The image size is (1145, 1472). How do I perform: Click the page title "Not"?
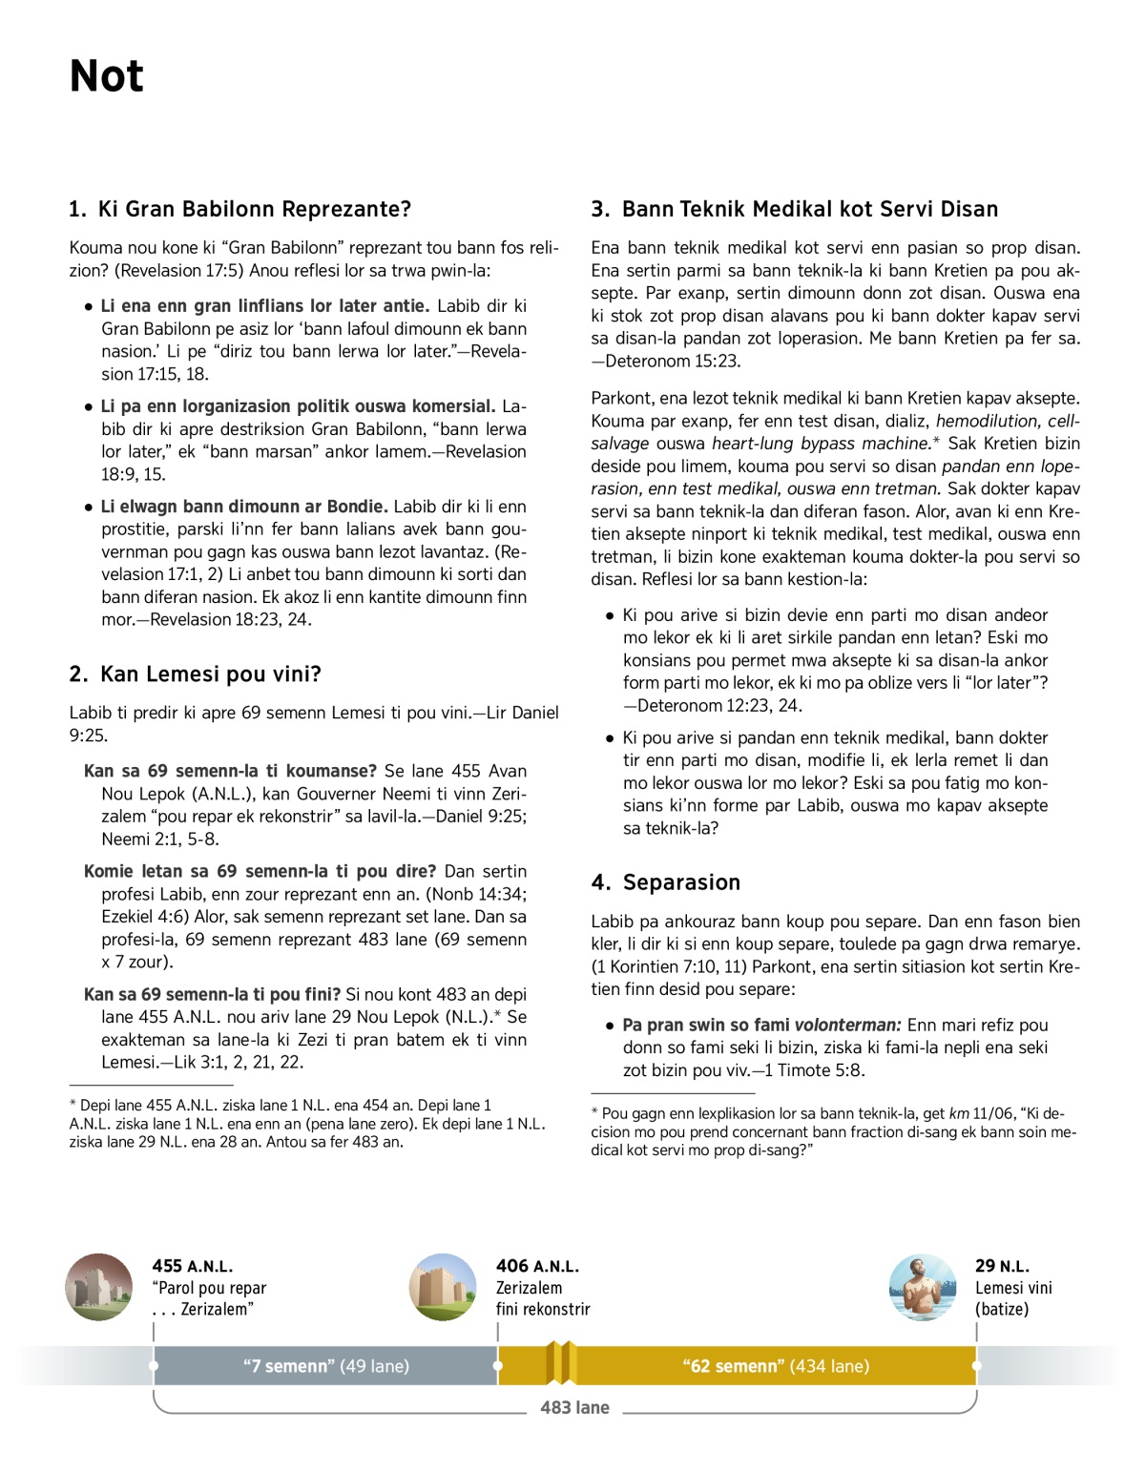click(106, 76)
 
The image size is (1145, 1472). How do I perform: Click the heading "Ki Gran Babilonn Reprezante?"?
click(254, 209)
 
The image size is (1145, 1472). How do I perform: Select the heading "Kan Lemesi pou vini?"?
click(210, 674)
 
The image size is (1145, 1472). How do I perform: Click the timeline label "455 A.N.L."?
click(192, 1266)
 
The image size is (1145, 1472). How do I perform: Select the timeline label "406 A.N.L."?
click(537, 1266)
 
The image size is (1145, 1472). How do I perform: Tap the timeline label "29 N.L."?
click(1002, 1266)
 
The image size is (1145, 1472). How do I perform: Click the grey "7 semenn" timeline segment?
click(325, 1366)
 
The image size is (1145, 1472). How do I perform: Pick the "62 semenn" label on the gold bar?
click(776, 1366)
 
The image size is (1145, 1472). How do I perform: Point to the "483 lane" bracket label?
click(574, 1407)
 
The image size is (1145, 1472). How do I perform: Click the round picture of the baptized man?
click(922, 1287)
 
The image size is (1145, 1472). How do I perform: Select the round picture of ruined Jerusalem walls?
click(99, 1287)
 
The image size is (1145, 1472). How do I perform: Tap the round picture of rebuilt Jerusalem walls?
click(443, 1287)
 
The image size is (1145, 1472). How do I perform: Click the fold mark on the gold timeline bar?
click(561, 1363)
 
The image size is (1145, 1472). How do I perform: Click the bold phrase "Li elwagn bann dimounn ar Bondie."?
click(244, 507)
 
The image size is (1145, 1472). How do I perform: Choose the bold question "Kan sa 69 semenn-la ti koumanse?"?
click(230, 771)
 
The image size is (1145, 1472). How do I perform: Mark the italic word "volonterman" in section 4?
click(847, 1026)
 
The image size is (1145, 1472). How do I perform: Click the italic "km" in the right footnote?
click(959, 1113)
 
